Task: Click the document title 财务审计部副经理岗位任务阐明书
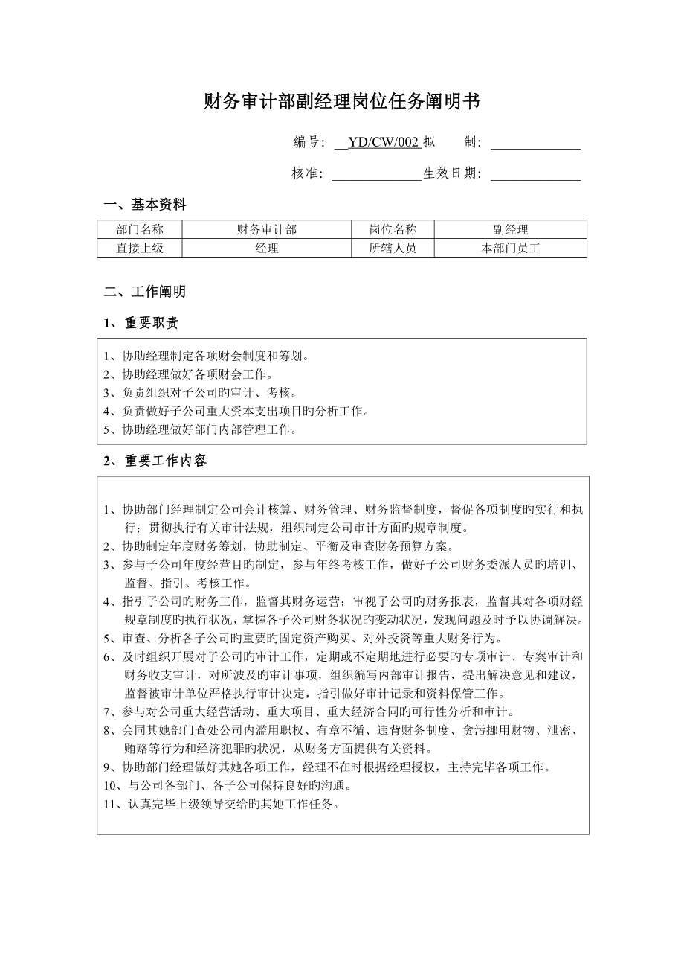342,102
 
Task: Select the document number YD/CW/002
384,143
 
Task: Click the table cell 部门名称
140,230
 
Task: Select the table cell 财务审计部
267,230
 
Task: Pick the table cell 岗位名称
393,230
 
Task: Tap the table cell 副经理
510,230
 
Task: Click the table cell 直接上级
140,249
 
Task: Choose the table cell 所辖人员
393,249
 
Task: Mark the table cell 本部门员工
510,249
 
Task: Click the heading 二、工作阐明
145,292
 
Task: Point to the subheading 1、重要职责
141,323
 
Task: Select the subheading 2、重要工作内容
155,461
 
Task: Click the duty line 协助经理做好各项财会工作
189,374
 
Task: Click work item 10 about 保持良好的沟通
228,786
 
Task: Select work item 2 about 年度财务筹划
285,546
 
